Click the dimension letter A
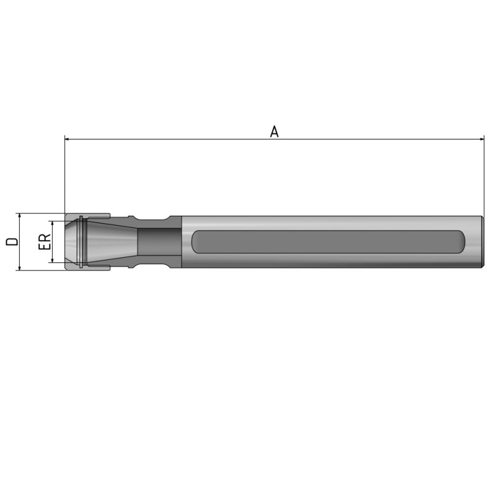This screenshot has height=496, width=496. pyautogui.click(x=274, y=131)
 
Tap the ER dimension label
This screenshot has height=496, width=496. pyautogui.click(x=44, y=241)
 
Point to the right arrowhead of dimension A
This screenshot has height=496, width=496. pyautogui.click(x=480, y=139)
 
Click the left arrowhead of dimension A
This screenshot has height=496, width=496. pyautogui.click(x=68, y=139)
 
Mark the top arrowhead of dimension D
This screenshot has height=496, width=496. pyautogui.click(x=20, y=216)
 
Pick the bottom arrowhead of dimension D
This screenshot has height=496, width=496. pyautogui.click(x=20, y=267)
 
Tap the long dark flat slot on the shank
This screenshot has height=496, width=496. pyautogui.click(x=329, y=242)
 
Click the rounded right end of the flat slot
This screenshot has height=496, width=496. pyautogui.click(x=462, y=242)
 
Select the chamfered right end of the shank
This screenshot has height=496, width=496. pyautogui.click(x=481, y=242)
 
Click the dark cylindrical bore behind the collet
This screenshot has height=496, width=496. pyautogui.click(x=158, y=242)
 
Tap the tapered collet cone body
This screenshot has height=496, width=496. pyautogui.click(x=112, y=242)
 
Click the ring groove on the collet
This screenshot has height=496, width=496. pyautogui.click(x=81, y=242)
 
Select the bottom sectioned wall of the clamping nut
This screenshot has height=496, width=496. pyautogui.click(x=93, y=267)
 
